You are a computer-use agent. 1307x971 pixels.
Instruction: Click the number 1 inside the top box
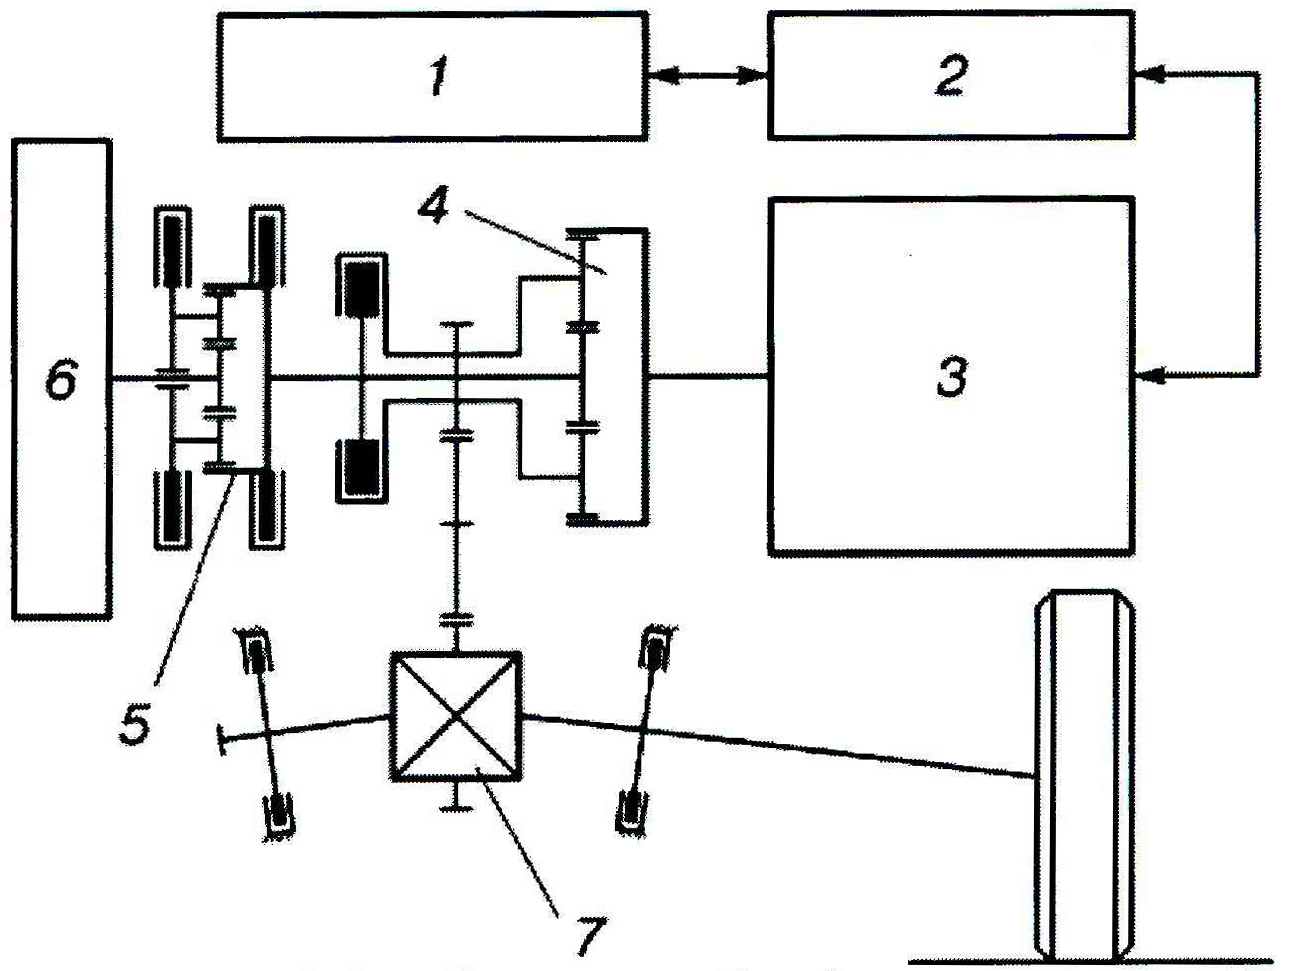point(437,77)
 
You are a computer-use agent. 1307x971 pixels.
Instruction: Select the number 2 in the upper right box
point(950,75)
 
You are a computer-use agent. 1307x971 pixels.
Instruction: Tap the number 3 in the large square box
point(952,377)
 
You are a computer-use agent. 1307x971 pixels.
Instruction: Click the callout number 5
point(135,722)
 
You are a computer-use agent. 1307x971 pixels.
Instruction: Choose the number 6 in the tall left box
point(61,380)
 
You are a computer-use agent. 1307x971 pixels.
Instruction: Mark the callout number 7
point(587,936)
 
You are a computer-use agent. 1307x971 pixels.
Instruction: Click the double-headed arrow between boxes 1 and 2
point(707,74)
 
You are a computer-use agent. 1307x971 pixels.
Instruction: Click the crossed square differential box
point(456,717)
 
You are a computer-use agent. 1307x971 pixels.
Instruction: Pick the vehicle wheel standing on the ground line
point(1085,775)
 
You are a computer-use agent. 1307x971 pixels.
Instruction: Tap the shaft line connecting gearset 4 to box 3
point(708,377)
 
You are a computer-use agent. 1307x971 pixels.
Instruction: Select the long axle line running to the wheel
point(780,745)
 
